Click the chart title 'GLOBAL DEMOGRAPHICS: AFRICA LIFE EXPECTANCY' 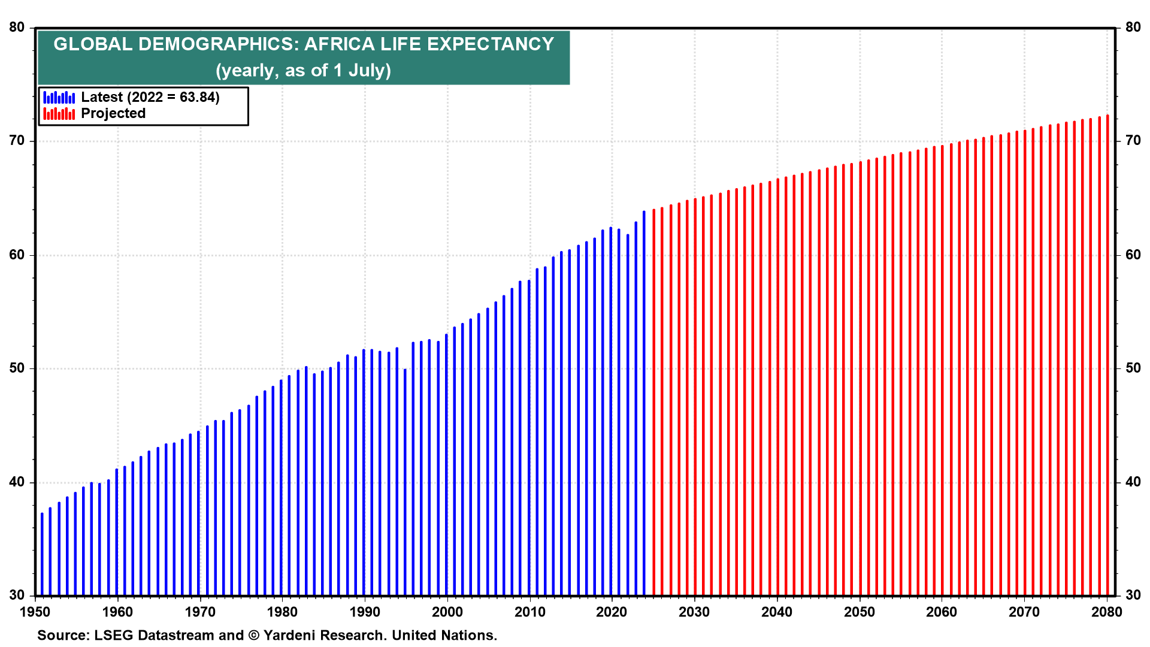(304, 44)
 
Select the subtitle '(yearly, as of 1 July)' (304, 71)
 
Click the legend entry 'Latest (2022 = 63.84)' (150, 97)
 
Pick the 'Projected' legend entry (113, 113)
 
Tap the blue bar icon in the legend (59, 98)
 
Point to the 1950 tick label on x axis (35, 612)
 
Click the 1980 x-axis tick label (282, 612)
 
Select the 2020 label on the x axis (612, 612)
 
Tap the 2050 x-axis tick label (860, 612)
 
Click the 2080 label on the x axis (1106, 612)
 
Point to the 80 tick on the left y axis (17, 28)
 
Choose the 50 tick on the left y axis (17, 368)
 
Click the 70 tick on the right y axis (1133, 141)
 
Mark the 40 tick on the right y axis (1133, 482)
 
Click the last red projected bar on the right (1107, 359)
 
